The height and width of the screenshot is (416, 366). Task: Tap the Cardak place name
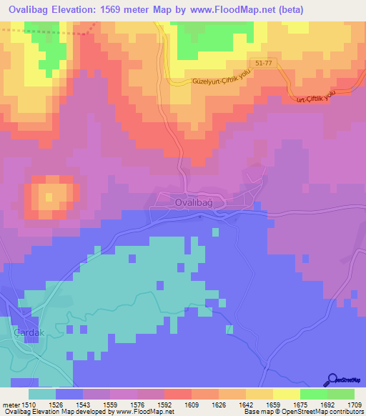tap(29, 333)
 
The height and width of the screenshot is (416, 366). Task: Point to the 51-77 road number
tap(263, 63)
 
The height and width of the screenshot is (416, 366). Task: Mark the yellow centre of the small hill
tap(49, 195)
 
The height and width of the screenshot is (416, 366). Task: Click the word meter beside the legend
tap(9, 405)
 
